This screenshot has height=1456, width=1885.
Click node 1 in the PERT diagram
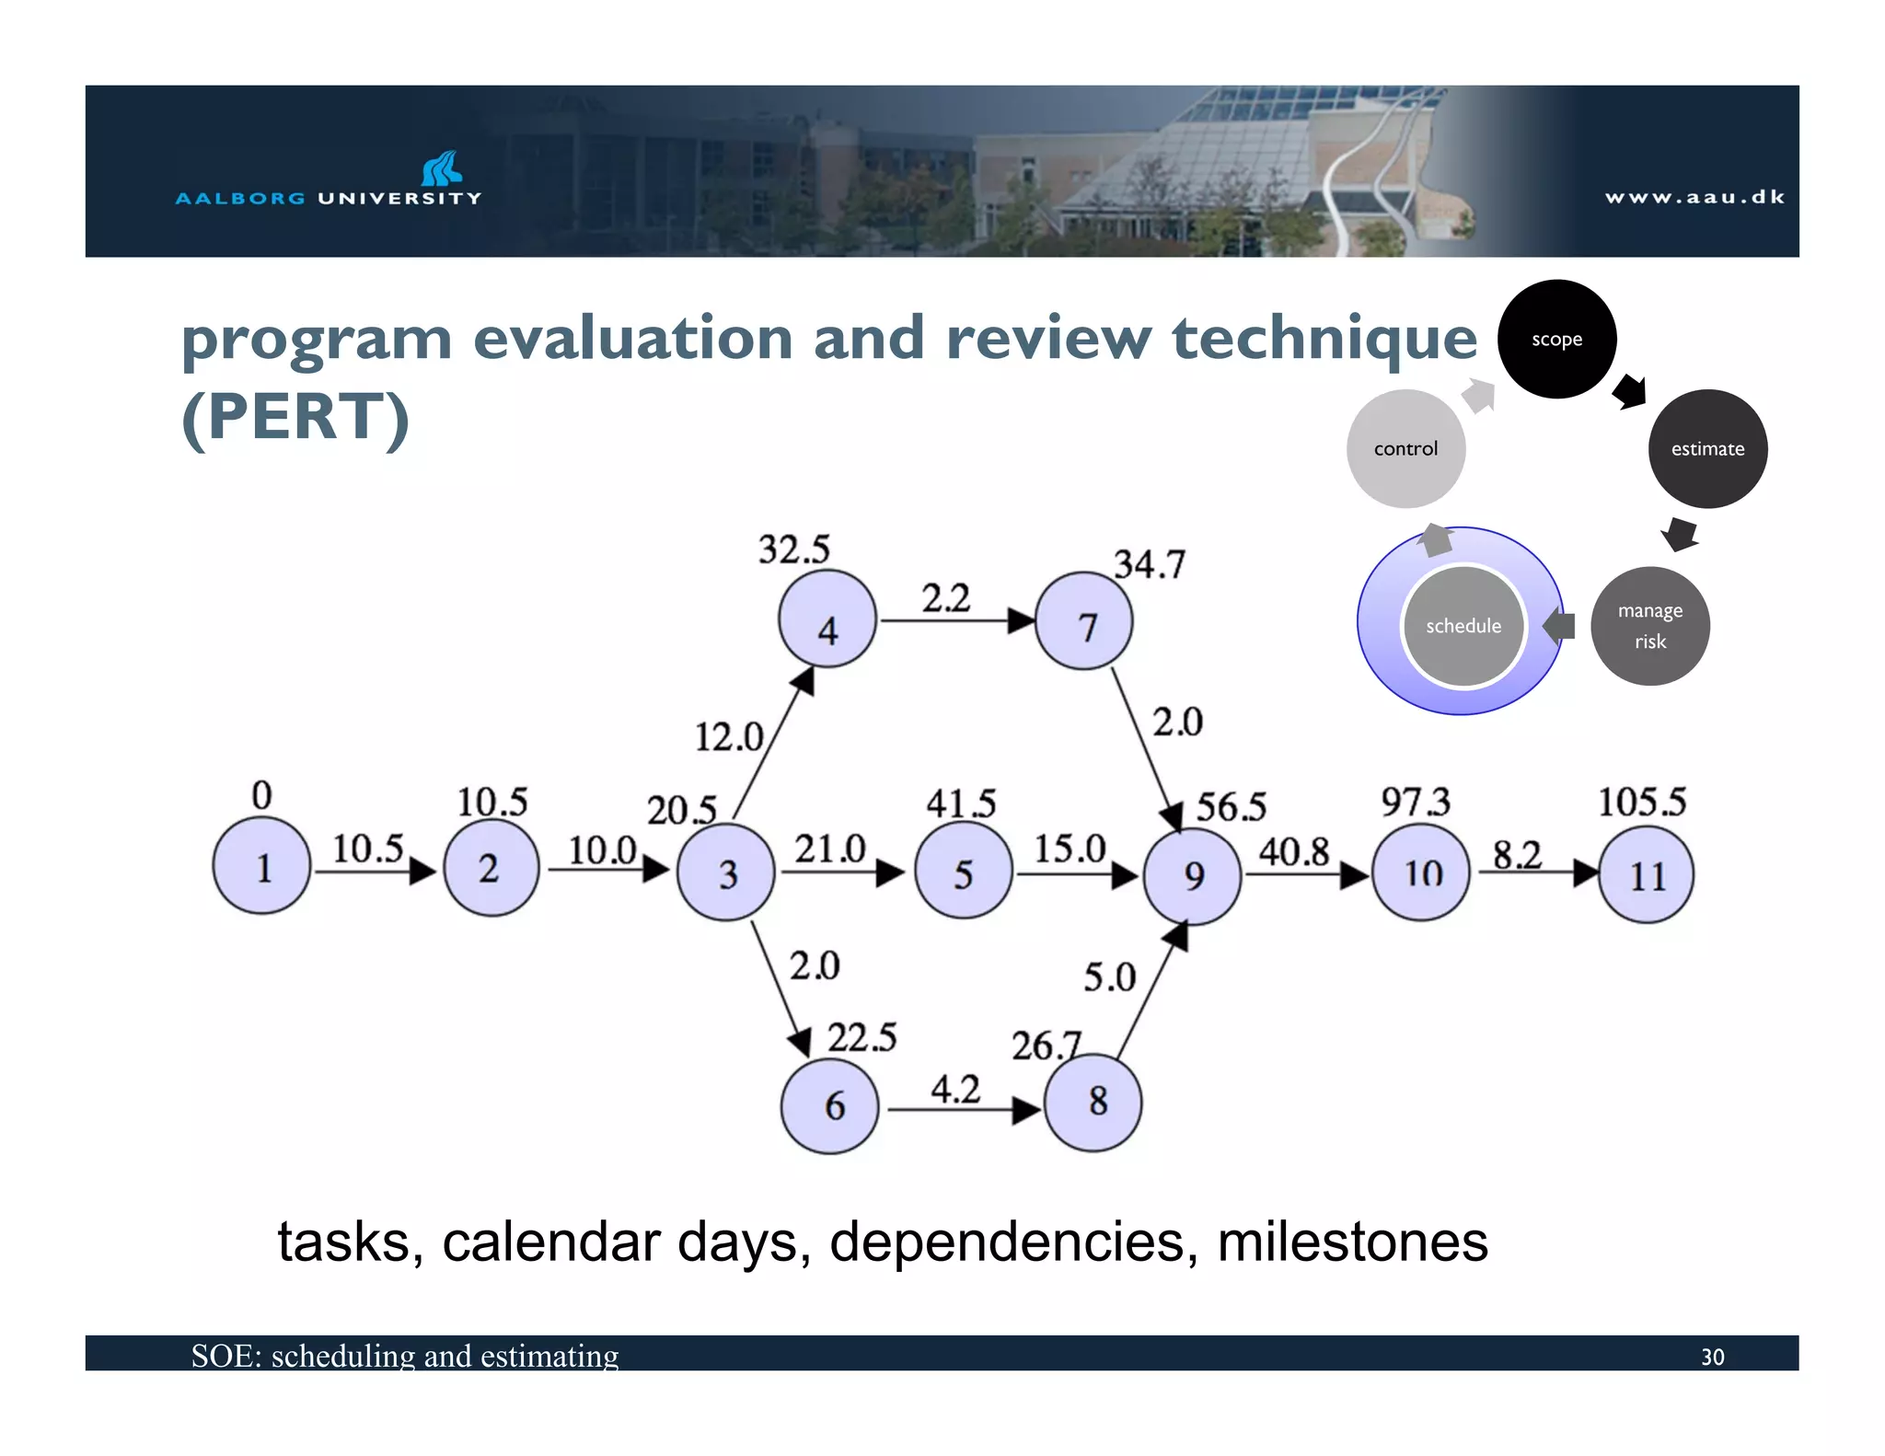[x=261, y=865]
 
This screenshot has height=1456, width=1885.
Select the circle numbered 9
[x=1193, y=875]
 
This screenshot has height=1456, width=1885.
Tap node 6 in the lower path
[x=830, y=1105]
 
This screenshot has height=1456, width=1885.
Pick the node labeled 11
[x=1647, y=875]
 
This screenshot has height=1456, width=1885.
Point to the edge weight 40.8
[x=1294, y=851]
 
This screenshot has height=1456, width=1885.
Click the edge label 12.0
[x=728, y=736]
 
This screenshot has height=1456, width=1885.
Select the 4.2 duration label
[x=955, y=1090]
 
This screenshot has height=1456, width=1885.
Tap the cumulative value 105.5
[x=1641, y=802]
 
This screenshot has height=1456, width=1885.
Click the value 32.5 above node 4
[x=793, y=549]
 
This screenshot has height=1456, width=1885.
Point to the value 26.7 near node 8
[x=1046, y=1046]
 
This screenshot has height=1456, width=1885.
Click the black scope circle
[x=1556, y=339]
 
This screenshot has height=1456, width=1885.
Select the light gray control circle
[x=1405, y=448]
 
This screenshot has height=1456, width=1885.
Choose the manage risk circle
[x=1650, y=626]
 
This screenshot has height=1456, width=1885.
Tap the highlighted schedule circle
[x=1463, y=626]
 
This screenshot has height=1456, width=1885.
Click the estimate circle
[x=1707, y=448]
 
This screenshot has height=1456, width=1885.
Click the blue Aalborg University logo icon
[x=441, y=168]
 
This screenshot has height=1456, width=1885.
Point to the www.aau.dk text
[x=1694, y=197]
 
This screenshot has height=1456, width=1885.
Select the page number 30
[x=1712, y=1357]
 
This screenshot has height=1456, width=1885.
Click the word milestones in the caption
[x=1352, y=1242]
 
